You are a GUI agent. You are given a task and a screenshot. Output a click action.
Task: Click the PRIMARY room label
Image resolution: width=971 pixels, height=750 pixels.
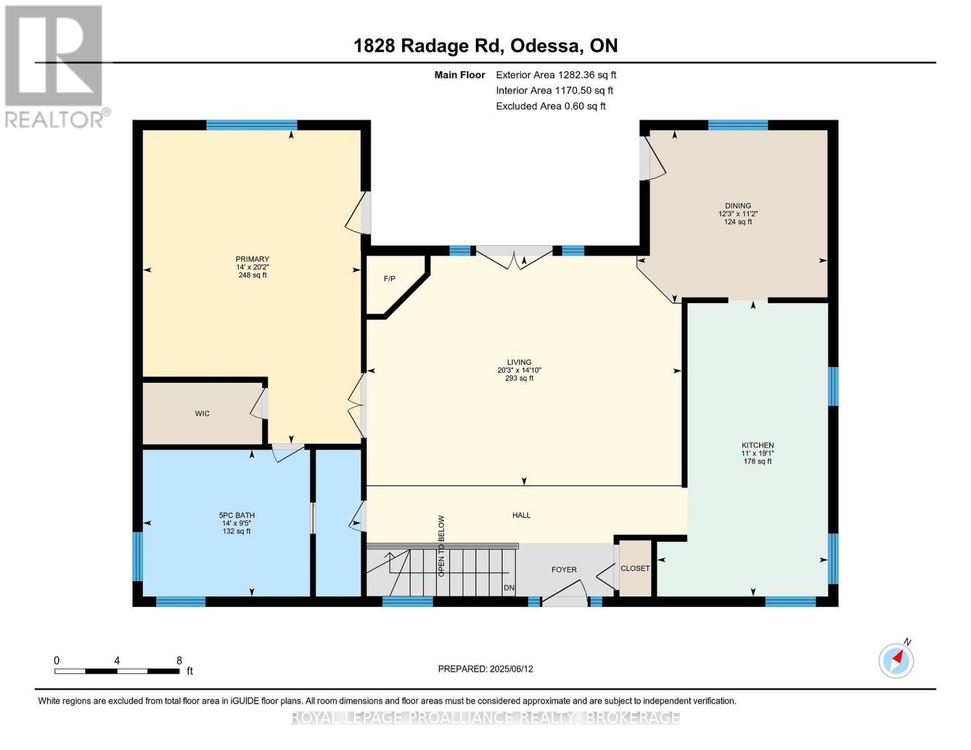tap(252, 259)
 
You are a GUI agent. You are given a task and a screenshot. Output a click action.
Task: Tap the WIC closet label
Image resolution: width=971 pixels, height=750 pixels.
tap(202, 414)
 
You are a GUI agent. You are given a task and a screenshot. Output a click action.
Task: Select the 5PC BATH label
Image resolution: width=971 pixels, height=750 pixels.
tap(236, 516)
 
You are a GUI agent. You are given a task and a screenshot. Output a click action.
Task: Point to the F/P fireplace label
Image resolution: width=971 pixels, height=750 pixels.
tap(390, 279)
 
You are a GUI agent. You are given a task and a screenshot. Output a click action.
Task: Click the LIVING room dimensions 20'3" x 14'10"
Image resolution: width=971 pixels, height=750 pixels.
tap(519, 371)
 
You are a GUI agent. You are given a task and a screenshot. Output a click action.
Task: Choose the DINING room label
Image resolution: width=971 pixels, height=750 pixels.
tap(738, 206)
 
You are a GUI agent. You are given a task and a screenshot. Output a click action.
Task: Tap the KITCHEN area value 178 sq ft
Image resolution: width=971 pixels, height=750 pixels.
tap(757, 462)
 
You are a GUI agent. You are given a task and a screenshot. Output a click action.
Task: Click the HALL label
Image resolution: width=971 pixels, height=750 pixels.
tap(521, 516)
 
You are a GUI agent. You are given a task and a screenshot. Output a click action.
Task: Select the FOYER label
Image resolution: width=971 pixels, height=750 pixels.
tap(563, 570)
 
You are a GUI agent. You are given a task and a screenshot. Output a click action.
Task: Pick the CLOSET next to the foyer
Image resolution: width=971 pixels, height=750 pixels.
tap(635, 569)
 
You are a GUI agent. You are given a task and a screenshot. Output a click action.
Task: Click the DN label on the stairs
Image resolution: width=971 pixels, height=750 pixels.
tap(509, 588)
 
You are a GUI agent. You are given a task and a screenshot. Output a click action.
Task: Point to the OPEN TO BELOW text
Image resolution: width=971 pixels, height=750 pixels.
tap(441, 546)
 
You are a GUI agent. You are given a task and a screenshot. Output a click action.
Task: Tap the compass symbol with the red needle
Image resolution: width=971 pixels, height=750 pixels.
tap(896, 660)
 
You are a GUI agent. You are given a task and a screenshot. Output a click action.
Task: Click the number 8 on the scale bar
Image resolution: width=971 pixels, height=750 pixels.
tap(179, 661)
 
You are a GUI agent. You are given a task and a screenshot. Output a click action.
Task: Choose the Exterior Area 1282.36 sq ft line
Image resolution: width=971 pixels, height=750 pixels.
tap(555, 75)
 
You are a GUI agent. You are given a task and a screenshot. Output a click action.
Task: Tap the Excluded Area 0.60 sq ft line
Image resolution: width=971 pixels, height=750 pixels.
tap(550, 106)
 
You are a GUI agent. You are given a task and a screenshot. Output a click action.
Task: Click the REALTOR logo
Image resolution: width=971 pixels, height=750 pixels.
tap(55, 66)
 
